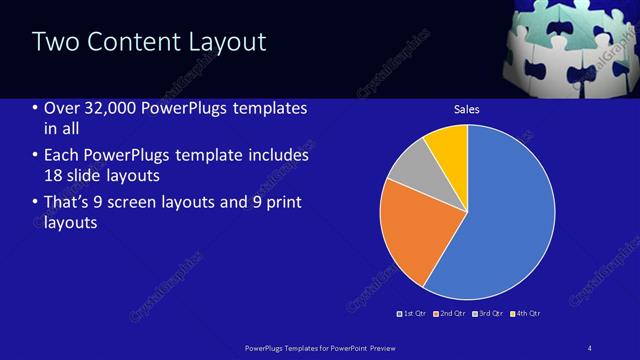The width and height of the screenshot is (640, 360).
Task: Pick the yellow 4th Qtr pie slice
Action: point(448,146)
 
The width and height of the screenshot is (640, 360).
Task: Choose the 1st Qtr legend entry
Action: point(414,313)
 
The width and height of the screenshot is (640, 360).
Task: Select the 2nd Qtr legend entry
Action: point(452,313)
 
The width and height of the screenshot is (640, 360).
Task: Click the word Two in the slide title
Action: point(54,42)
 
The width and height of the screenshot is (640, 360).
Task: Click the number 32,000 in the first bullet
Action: point(114,108)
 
